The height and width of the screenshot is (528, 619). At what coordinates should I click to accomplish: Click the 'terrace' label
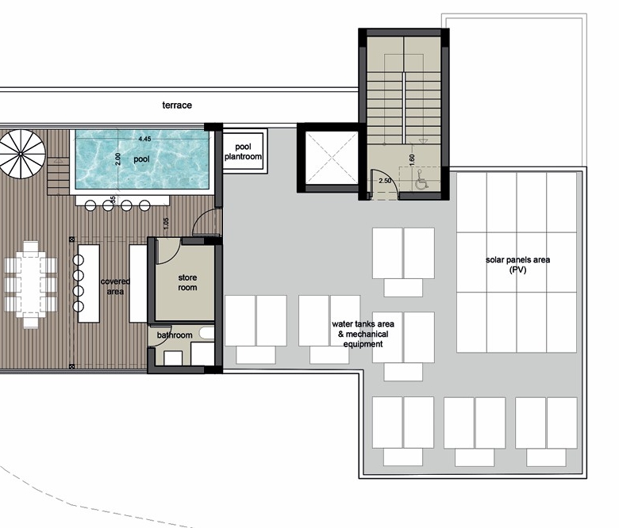point(177,105)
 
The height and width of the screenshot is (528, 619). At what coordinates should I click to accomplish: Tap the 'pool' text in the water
point(141,159)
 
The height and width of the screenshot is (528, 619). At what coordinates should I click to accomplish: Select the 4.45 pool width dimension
point(145,139)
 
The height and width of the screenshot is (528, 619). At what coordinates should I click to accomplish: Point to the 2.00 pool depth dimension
point(117,159)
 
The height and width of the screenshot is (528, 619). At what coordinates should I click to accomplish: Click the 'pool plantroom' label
point(243,151)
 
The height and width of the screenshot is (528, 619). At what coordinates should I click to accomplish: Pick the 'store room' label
point(187,282)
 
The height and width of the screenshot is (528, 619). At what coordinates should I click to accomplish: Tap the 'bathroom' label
point(175,335)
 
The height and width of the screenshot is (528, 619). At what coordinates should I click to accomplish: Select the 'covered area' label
point(115,286)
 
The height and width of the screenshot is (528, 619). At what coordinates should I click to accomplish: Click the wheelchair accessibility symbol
point(421,182)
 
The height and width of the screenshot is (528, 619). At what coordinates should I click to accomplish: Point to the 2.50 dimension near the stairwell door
point(385,181)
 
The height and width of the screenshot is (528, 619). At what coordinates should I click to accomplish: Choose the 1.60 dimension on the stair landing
point(412,159)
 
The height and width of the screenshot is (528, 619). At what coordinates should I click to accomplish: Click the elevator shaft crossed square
point(332,158)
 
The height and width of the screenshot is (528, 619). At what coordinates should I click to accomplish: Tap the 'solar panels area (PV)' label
point(517,265)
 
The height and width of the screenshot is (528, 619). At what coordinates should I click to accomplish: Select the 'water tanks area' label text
point(363,324)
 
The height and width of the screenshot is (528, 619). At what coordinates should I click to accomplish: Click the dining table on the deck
point(31,285)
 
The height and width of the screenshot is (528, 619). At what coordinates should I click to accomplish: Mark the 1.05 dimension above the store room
point(166,224)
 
